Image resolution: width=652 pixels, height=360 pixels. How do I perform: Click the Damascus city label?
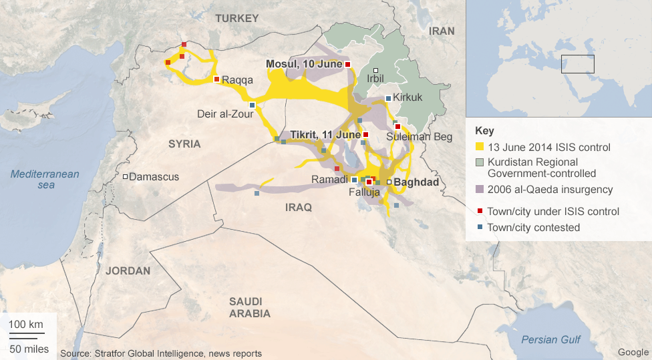[154, 177]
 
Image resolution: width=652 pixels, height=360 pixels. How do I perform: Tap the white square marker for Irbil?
[375, 71]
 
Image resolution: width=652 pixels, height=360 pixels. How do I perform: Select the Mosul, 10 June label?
[304, 64]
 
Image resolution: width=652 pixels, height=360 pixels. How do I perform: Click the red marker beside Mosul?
[348, 64]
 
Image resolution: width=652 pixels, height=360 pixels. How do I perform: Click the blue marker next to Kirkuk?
[388, 99]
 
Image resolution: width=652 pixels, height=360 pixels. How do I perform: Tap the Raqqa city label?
[237, 80]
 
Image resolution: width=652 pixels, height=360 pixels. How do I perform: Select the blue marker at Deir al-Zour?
[252, 105]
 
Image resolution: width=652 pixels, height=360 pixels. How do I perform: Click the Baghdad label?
[416, 182]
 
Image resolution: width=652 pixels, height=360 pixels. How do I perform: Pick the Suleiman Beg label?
[414, 137]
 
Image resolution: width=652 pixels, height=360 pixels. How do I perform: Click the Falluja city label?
[364, 192]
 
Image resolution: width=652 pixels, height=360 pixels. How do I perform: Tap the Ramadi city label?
[329, 180]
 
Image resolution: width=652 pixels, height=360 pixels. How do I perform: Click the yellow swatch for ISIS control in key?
[479, 147]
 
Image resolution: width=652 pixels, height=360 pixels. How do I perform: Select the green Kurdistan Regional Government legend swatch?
[479, 162]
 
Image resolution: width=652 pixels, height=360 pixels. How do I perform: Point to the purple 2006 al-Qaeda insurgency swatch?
[479, 190]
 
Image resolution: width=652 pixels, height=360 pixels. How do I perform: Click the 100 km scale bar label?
[26, 325]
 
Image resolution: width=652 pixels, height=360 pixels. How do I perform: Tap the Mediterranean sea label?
[45, 179]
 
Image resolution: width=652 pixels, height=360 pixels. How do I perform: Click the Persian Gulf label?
[551, 339]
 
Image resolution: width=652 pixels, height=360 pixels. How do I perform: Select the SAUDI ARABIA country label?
[249, 307]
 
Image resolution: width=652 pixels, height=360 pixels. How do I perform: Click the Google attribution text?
[633, 352]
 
